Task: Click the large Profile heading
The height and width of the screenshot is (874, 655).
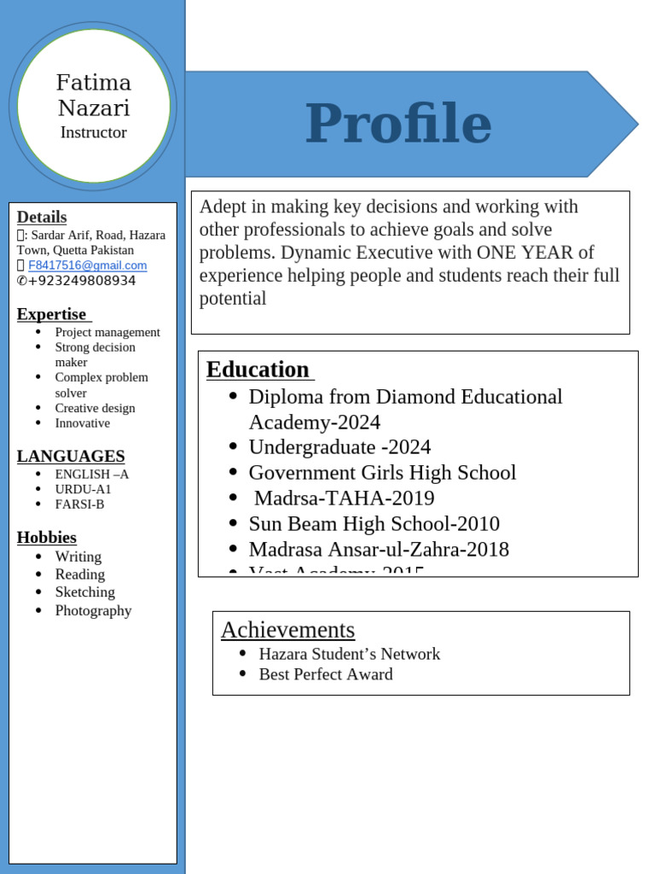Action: [398, 124]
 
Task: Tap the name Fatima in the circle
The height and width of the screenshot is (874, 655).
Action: [94, 83]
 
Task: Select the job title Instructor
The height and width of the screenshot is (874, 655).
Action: [94, 132]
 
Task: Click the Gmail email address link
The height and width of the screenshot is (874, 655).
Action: [87, 265]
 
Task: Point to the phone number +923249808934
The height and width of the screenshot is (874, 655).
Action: [82, 281]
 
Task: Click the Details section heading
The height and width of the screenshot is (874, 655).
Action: [42, 217]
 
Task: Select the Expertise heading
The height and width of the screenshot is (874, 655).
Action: [52, 314]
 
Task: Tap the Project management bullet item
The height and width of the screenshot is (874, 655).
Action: [107, 332]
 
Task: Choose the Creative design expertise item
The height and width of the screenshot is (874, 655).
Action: [95, 408]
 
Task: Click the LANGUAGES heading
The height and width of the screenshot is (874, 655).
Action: [71, 456]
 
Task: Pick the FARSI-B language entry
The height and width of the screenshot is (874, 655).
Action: [79, 504]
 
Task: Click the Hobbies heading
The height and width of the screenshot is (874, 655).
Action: [47, 537]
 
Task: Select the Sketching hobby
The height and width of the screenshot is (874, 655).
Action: [84, 592]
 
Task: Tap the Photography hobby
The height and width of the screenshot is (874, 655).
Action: [93, 610]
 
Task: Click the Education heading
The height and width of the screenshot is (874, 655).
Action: [258, 370]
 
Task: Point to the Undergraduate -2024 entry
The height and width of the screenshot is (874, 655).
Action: [339, 447]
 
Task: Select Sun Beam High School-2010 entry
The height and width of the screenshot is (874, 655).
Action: [374, 524]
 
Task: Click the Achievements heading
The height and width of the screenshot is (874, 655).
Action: [287, 630]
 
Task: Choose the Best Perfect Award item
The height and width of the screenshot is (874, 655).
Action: [326, 674]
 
